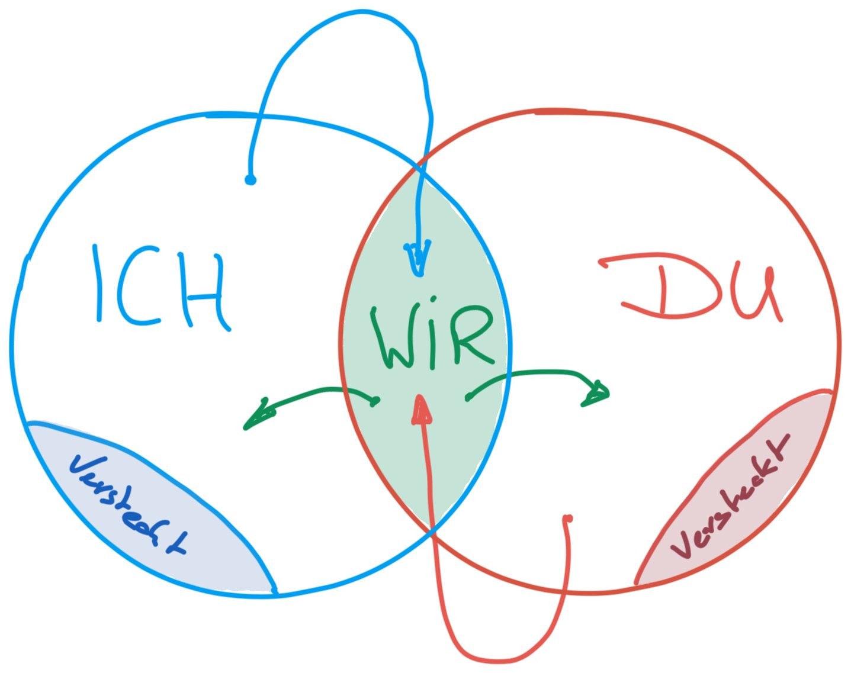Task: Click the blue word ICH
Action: pos(160,288)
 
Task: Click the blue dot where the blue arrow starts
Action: pos(250,179)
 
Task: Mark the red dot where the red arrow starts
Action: pos(568,519)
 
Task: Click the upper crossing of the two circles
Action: pos(421,169)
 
